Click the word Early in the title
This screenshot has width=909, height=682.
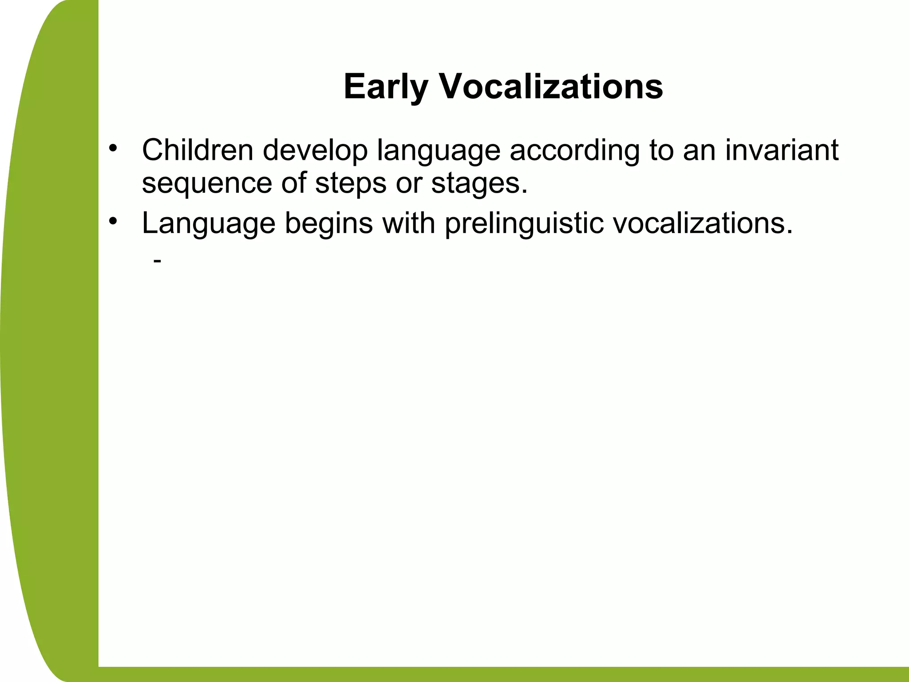tap(385, 87)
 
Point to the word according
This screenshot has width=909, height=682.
tap(574, 151)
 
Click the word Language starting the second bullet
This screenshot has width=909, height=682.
tap(208, 223)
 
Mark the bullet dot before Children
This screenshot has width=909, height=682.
tap(114, 147)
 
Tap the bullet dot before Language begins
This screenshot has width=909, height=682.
tap(114, 220)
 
